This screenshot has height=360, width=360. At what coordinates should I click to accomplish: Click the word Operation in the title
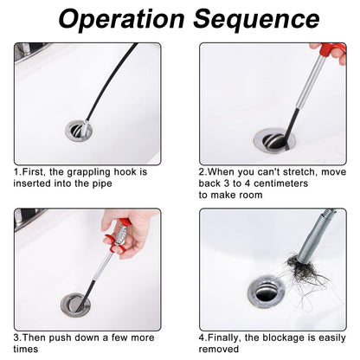pyautogui.click(x=121, y=18)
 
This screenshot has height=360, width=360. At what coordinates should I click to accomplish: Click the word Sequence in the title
pyautogui.click(x=256, y=20)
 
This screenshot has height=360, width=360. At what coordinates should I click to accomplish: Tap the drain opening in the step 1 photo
pyautogui.click(x=79, y=131)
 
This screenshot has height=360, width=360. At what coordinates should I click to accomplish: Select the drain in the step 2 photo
pyautogui.click(x=274, y=141)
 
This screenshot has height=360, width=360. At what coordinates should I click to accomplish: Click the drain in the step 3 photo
pyautogui.click(x=75, y=305)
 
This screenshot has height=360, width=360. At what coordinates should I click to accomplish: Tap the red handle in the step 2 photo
pyautogui.click(x=332, y=49)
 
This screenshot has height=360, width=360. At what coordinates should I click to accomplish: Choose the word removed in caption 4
pyautogui.click(x=219, y=350)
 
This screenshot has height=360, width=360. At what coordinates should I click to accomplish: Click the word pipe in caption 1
pyautogui.click(x=102, y=183)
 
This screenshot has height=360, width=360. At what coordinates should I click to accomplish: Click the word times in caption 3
pyautogui.click(x=26, y=350)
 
